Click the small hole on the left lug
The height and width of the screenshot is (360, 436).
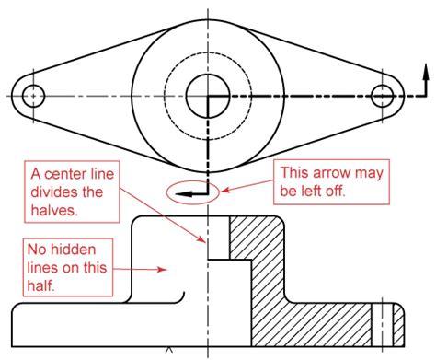(x=34, y=95)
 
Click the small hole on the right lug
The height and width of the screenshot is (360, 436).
(x=382, y=95)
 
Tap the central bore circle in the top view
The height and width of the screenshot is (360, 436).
(x=209, y=95)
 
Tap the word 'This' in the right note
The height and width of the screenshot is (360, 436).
(x=294, y=172)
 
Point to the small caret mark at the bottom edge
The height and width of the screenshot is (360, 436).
(x=168, y=350)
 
